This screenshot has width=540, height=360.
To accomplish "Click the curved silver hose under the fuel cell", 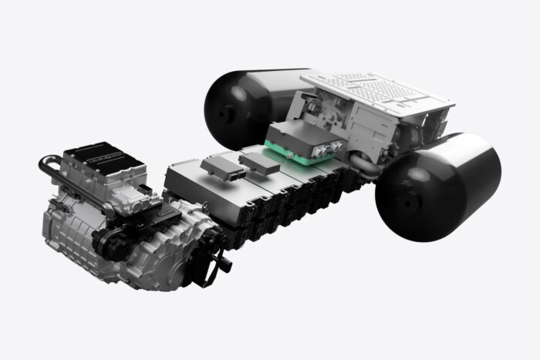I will pos(363,162).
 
